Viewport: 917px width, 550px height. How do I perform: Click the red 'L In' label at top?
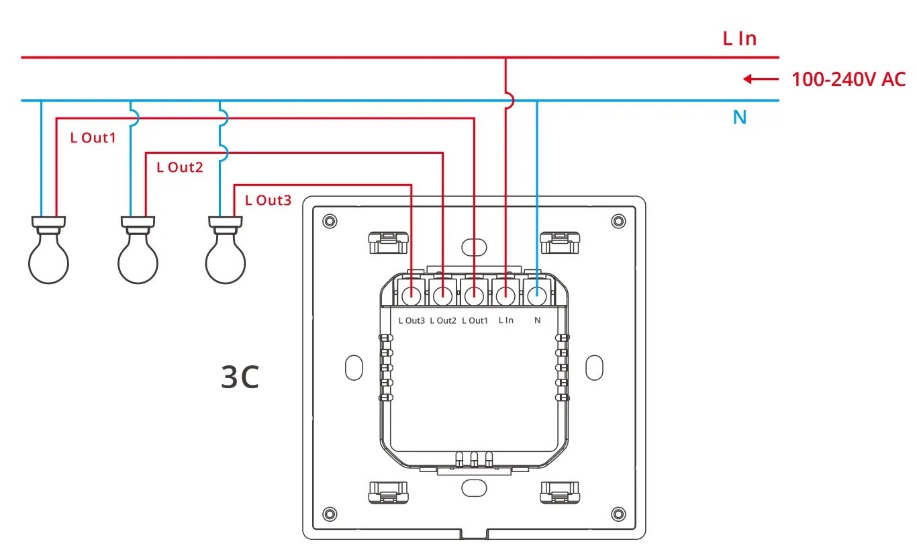coord(739,38)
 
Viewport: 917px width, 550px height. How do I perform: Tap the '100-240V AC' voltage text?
coord(849,79)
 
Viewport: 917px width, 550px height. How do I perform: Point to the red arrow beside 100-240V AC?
coord(760,79)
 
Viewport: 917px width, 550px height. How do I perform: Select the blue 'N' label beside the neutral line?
coord(739,118)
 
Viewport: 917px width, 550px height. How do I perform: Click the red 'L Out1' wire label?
coord(93,138)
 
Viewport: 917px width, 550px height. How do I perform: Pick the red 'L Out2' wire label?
coord(179,167)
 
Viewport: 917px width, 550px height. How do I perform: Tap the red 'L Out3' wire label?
coord(268,199)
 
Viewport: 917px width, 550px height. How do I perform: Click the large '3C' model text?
coord(240,378)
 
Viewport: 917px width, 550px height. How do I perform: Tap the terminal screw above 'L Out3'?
coord(412,295)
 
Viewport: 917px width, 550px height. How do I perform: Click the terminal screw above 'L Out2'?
coord(442,295)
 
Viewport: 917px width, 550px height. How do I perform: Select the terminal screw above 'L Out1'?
coord(474,295)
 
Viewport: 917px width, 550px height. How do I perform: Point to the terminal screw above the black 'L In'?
coord(505,295)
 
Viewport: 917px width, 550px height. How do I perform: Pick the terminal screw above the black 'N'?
coord(536,295)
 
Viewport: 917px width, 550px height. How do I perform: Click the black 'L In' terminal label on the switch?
coord(505,320)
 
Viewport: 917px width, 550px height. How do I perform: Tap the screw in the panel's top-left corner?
coord(329,221)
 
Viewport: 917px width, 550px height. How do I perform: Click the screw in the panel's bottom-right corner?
coord(618,514)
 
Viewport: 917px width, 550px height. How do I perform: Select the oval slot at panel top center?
coord(473,246)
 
